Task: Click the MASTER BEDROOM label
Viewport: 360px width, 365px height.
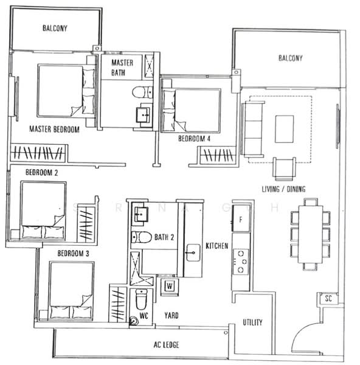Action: [x=55, y=129]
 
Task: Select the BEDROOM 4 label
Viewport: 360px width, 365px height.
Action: [x=194, y=139]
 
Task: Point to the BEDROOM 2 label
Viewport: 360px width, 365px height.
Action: [x=41, y=173]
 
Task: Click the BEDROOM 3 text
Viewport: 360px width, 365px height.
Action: [x=74, y=253]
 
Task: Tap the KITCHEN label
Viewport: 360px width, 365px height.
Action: [x=217, y=246]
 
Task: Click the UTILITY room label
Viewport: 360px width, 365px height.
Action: [x=252, y=322]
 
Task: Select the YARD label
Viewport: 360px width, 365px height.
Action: [x=171, y=316]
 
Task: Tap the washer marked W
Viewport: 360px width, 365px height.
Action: [x=168, y=285]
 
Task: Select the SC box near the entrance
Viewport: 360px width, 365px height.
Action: [x=328, y=299]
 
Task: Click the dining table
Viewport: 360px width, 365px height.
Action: [x=310, y=235]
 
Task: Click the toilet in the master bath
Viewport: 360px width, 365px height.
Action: [x=140, y=93]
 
